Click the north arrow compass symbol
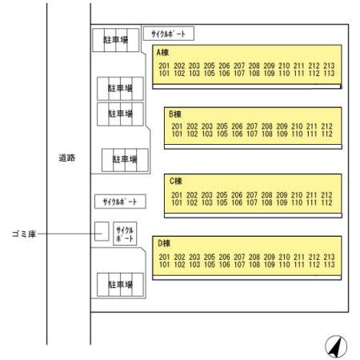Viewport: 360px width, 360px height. (336, 346)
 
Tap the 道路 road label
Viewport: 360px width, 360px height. (67, 158)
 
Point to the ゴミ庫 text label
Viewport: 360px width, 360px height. (24, 234)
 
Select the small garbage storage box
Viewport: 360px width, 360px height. (102, 231)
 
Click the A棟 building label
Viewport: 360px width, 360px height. (162, 53)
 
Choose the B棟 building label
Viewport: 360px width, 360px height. (175, 114)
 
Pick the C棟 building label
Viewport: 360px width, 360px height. (176, 181)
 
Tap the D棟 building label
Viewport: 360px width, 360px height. (164, 243)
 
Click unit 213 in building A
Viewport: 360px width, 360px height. (329, 66)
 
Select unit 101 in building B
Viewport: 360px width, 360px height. (177, 134)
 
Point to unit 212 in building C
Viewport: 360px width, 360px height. (326, 195)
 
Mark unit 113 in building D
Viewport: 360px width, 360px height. (329, 265)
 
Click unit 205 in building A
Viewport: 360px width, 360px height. (210, 66)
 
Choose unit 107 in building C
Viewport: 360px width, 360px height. (252, 202)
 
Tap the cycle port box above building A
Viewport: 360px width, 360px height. (169, 34)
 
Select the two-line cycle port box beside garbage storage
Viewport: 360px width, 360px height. (125, 234)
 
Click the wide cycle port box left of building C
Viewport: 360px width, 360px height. (120, 202)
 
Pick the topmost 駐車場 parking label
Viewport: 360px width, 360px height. (116, 40)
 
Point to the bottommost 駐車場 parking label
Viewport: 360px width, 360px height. (120, 285)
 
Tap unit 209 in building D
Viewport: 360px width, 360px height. (270, 257)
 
